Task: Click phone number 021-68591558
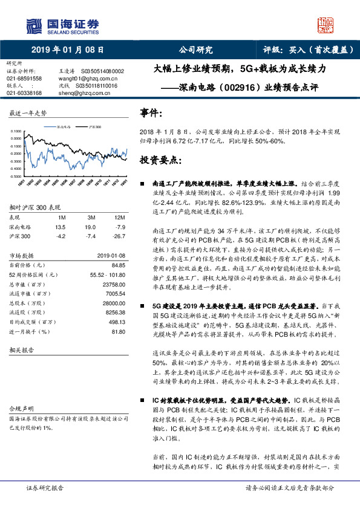click(x=24, y=79)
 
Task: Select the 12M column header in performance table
click(x=119, y=217)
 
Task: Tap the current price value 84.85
click(x=118, y=265)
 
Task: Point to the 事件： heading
click(x=151, y=114)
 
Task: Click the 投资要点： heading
click(x=160, y=160)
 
